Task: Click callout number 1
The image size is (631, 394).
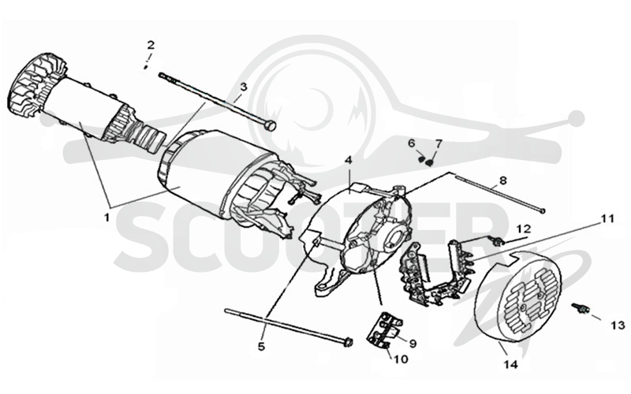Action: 106,217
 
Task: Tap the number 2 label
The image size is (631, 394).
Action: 151,45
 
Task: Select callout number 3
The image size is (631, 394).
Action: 243,87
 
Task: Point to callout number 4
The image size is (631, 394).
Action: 348,160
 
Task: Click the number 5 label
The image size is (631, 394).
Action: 262,346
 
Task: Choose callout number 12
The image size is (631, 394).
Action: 525,229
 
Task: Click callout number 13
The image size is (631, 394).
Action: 618,325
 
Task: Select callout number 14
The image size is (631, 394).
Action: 510,365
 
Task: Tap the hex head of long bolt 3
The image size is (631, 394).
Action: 271,125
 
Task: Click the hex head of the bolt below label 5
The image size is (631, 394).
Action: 349,343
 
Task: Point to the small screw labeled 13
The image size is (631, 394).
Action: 580,308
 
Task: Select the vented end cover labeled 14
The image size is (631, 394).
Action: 518,296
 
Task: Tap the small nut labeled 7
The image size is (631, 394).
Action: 429,162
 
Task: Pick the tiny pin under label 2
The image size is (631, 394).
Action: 146,67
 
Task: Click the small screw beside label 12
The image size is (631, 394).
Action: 498,241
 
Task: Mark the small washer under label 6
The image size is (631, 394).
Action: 421,159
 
